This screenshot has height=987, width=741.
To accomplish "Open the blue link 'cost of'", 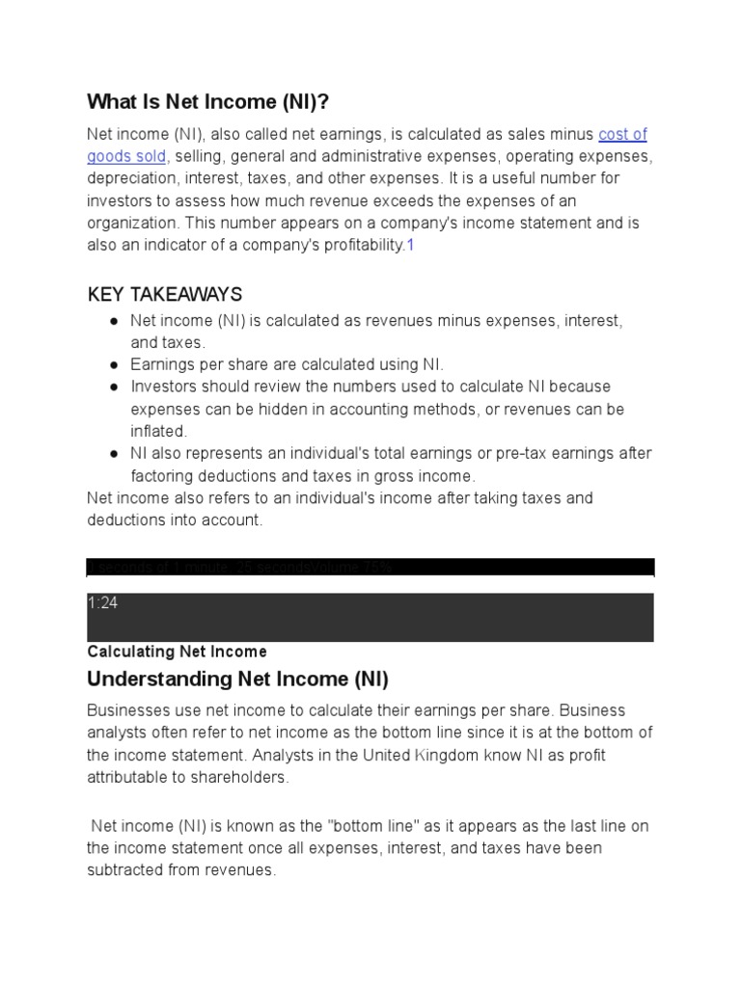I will pos(622,134).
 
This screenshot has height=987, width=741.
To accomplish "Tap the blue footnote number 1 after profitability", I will pos(410,245).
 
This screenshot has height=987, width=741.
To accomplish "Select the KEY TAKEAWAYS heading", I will pos(164,294).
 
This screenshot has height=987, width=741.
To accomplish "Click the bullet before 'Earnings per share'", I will pos(114,364).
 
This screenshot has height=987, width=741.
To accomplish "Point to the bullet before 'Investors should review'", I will pos(114,387).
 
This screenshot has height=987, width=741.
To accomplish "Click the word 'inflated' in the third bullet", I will pos(158,431).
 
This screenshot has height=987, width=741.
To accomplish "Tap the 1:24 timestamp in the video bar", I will pos(102,603).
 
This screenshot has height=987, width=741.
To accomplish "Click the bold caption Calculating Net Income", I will pos(177,652).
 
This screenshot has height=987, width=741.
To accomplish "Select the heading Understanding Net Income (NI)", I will pos(237,680).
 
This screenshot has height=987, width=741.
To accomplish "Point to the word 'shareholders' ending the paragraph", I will pos(243,777).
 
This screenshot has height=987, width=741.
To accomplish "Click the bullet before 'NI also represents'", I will pos(114,453).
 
